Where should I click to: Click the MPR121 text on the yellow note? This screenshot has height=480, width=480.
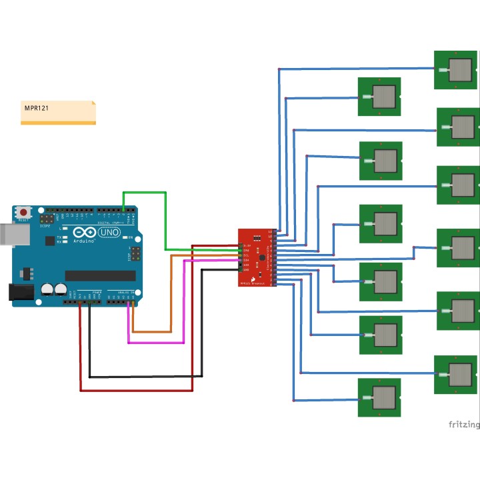click(x=39, y=107)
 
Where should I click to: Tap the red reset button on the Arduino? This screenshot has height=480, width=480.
click(x=24, y=212)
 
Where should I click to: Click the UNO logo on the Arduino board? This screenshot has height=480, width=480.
click(x=108, y=233)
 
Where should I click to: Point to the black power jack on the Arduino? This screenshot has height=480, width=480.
click(x=19, y=291)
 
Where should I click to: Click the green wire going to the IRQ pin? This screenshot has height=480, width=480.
click(x=165, y=220)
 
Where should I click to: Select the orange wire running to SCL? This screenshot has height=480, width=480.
click(x=171, y=293)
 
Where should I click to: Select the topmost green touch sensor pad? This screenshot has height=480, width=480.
click(x=457, y=69)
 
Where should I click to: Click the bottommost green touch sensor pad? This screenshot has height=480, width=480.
click(x=379, y=397)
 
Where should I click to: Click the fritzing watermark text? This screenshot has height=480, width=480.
click(x=463, y=424)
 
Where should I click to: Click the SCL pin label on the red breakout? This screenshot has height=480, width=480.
click(x=246, y=255)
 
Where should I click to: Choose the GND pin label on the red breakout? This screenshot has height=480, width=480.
click(x=246, y=270)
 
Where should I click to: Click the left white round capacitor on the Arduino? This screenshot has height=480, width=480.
click(x=47, y=290)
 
